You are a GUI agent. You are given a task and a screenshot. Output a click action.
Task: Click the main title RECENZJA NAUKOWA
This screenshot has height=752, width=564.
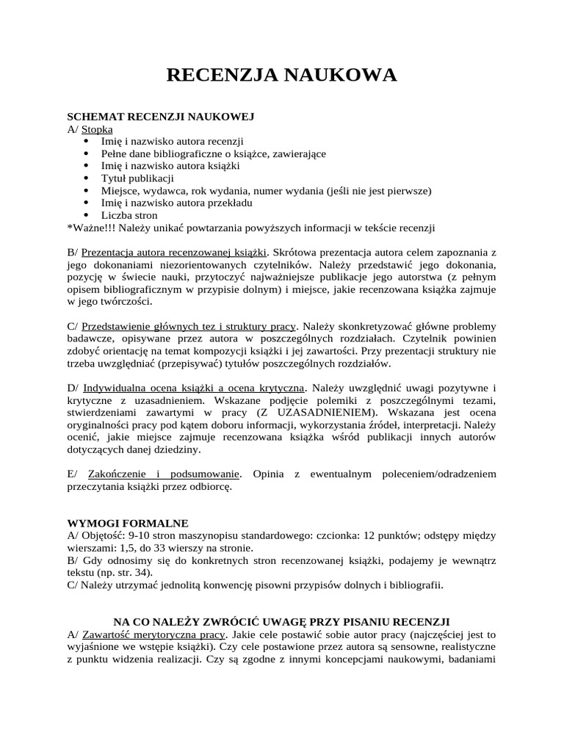tap(282, 75)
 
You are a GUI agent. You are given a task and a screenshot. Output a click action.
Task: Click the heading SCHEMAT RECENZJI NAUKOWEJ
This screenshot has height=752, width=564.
tap(161, 117)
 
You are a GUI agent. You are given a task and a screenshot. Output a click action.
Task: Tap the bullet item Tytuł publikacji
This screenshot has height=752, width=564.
tap(137, 178)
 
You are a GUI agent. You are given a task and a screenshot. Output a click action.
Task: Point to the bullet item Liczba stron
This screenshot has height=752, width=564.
tap(129, 216)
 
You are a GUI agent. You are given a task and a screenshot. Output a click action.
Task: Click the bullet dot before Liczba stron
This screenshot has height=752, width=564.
tap(87, 216)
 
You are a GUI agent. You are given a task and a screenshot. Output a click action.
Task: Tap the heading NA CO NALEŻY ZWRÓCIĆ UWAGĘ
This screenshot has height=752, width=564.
tap(281, 621)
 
